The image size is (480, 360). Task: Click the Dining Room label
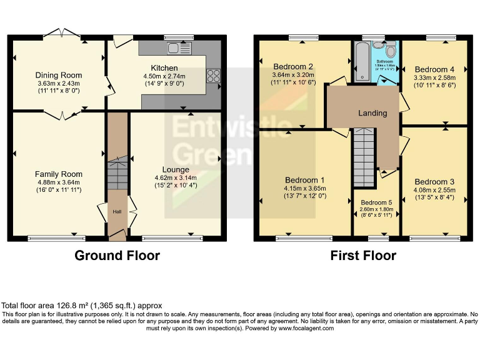point(58,75)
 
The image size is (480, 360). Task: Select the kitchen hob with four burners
point(212,76)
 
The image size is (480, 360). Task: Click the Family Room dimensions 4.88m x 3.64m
point(58,182)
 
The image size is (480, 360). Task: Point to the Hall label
point(117,212)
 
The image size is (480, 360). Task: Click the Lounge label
point(176,169)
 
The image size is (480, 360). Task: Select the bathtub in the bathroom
point(361,62)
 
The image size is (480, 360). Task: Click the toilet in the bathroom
point(391,50)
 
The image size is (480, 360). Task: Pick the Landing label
point(372,113)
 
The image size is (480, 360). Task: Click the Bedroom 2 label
point(293,66)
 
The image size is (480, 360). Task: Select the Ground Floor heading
point(117,256)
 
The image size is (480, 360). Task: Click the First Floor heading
point(363,256)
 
